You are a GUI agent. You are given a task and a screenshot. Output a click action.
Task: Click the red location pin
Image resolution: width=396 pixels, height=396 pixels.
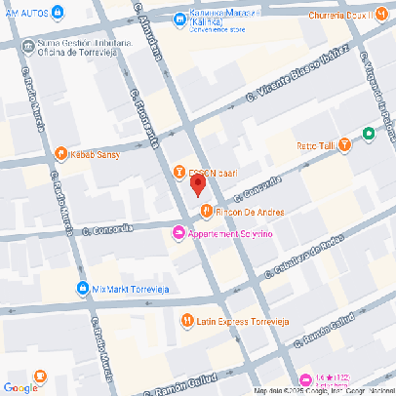pyautogui.click(x=197, y=185)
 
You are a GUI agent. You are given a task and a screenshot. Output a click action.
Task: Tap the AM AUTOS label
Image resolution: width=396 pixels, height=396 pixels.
pyautogui.click(x=25, y=12)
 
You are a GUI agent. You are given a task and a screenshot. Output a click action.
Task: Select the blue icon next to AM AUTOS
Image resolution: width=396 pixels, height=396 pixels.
pyautogui.click(x=58, y=12)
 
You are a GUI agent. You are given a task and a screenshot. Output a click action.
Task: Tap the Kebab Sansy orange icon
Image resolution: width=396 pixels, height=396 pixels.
pyautogui.click(x=60, y=153)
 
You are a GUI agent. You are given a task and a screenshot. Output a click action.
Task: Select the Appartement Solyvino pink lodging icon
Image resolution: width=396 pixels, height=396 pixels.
pyautogui.click(x=178, y=232)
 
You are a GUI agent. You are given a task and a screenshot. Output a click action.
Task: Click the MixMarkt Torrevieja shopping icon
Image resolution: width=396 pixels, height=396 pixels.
pyautogui.click(x=82, y=289)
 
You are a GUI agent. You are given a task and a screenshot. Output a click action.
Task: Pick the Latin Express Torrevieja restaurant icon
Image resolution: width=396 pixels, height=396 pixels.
pyautogui.click(x=186, y=320)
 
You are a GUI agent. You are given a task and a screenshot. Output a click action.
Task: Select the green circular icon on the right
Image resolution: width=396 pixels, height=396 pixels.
pyautogui.click(x=369, y=135)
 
